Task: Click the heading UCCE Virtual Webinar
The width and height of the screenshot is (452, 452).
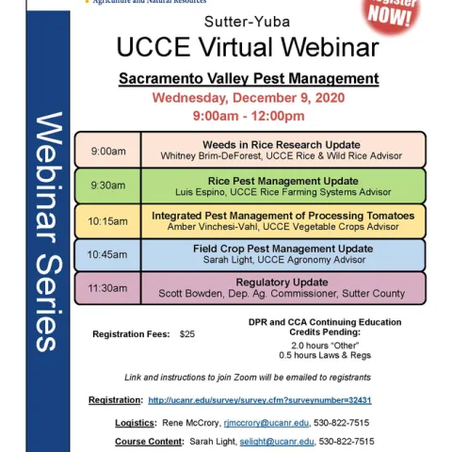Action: pyautogui.click(x=248, y=48)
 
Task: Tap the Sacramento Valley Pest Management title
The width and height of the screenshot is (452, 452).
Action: pyautogui.click(x=249, y=78)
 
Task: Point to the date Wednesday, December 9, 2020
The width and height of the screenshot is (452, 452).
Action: pyautogui.click(x=249, y=97)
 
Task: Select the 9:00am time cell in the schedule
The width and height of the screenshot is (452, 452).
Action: pyautogui.click(x=107, y=151)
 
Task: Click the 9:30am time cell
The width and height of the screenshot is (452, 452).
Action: pyautogui.click(x=107, y=186)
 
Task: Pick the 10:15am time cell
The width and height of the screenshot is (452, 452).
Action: pyautogui.click(x=107, y=221)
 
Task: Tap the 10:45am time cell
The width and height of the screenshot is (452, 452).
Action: pyautogui.click(x=107, y=254)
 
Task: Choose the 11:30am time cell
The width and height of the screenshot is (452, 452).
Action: pyautogui.click(x=107, y=287)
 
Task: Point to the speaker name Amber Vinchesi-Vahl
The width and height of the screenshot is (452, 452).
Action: pyautogui.click(x=220, y=227)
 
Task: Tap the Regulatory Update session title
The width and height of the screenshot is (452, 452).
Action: pyautogui.click(x=282, y=282)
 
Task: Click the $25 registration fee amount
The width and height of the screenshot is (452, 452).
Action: pyautogui.click(x=187, y=333)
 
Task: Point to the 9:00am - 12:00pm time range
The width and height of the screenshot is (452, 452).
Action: pyautogui.click(x=249, y=116)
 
